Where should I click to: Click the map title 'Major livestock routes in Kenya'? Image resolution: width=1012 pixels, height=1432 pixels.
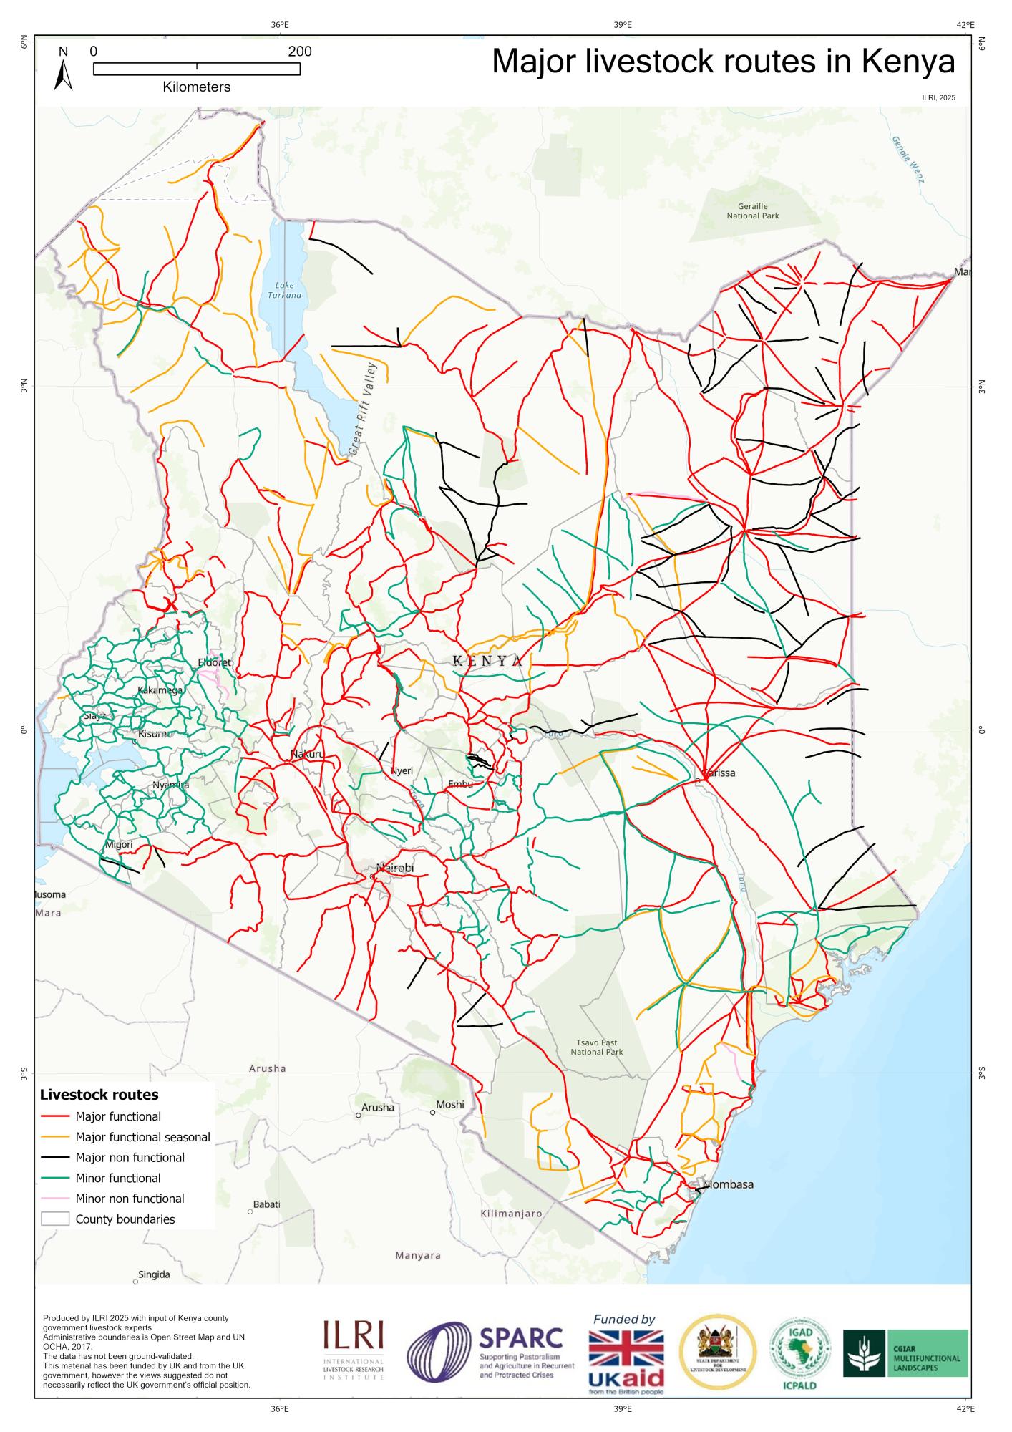coord(723,62)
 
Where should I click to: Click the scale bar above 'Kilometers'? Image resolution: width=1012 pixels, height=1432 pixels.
coord(197,69)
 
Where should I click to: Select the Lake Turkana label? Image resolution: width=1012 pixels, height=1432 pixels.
coord(284,290)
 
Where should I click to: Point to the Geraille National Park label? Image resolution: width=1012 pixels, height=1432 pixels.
coord(752,211)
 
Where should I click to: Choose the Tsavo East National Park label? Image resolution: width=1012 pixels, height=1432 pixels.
coord(596,1047)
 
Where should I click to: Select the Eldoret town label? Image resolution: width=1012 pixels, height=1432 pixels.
coord(215,662)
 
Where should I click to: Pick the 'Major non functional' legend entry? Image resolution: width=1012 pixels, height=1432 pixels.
coord(130,1157)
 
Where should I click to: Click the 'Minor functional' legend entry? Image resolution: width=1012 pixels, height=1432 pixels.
coord(118,1178)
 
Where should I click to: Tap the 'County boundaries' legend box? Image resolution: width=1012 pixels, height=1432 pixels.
coord(55,1219)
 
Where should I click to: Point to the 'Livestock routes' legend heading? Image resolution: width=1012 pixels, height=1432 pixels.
coord(99,1115)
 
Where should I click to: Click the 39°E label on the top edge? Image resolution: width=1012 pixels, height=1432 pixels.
coord(623,24)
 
